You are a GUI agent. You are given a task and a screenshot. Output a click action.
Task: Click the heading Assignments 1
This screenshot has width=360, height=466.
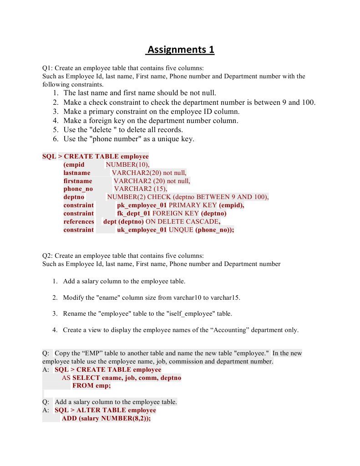[x=180, y=49]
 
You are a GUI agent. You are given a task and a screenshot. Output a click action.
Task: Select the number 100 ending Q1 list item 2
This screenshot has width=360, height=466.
[x=308, y=102]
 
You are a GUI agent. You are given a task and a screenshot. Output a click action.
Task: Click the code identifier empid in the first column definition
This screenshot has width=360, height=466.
[x=74, y=164]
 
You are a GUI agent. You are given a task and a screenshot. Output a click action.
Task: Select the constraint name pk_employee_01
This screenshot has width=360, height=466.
[x=142, y=205]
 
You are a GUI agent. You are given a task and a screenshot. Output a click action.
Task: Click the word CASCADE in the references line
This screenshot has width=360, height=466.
[x=202, y=222]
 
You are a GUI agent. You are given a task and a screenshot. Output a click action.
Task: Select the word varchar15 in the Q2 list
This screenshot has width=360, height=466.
[x=226, y=298]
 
